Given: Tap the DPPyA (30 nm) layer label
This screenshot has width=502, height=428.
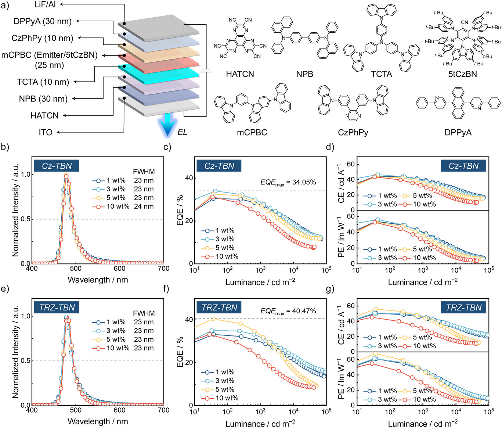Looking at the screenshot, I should point(43,21).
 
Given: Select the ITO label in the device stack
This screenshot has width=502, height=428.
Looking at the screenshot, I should point(46,132).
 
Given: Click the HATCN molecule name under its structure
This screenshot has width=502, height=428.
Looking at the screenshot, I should point(240,74).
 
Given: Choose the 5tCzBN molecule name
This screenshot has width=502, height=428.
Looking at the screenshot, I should point(462,74).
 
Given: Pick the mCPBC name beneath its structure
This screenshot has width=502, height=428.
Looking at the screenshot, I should point(252,132).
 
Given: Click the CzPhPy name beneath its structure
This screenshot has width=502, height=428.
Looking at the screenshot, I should point(353,132).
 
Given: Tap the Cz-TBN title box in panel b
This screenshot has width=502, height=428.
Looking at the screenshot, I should point(57,166).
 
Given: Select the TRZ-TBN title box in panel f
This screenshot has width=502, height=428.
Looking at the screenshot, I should point(219,307).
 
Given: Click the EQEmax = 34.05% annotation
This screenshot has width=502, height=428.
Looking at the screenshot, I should point(288,183).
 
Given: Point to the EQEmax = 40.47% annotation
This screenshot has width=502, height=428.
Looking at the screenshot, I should point(288,311).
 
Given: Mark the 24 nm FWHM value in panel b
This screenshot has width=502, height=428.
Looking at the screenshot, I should point(144,206).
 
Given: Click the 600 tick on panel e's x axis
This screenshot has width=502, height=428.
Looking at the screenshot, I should point(119,410).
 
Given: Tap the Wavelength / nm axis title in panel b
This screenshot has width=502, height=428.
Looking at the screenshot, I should point(98,280).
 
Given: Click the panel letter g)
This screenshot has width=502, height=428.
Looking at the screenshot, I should point(330,289).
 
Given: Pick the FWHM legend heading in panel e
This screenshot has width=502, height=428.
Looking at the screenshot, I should point(144,313).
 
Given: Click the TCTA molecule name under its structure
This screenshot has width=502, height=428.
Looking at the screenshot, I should point(381,74).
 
